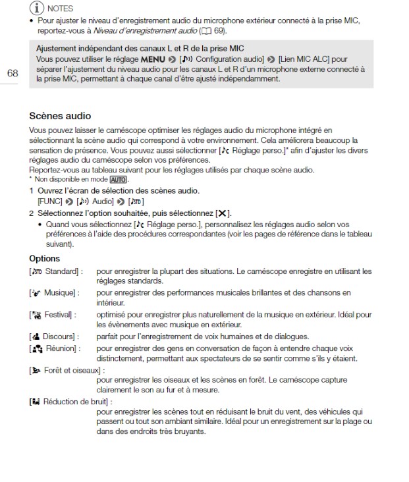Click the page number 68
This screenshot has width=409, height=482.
[13, 72]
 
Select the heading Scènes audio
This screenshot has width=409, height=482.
[60, 116]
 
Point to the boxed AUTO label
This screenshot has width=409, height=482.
[119, 179]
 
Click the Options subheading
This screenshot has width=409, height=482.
[44, 258]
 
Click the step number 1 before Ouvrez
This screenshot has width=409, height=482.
[31, 190]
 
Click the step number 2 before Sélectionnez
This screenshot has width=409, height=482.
[31, 213]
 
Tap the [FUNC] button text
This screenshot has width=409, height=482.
[49, 201]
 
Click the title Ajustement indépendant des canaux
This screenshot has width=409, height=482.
[140, 48]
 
